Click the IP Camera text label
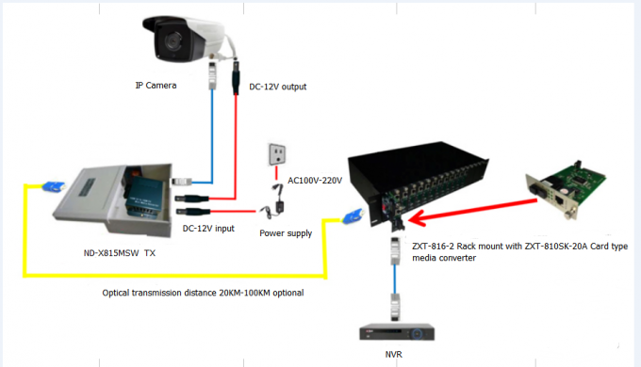153,86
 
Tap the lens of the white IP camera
173,40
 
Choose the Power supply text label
286,232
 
